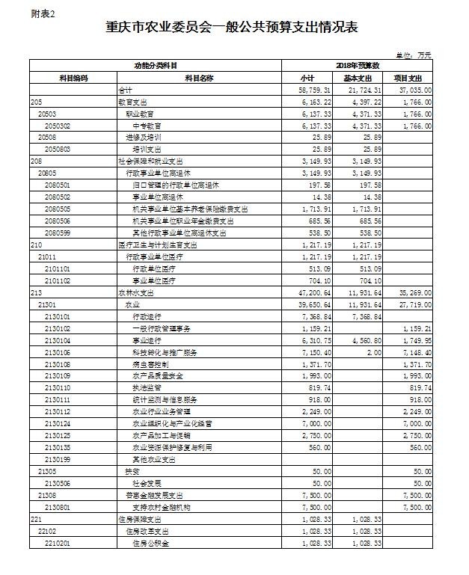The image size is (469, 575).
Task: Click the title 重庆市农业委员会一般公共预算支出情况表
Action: [x=233, y=28]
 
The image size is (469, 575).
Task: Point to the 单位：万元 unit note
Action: [x=414, y=55]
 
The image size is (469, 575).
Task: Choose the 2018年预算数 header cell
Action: [x=362, y=67]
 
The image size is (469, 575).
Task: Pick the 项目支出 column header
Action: [x=408, y=78]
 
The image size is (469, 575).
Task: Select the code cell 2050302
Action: [x=58, y=126]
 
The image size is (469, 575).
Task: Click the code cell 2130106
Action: [x=58, y=352]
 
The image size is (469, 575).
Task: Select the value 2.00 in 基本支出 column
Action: [x=373, y=352]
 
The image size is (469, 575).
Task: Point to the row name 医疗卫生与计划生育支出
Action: [x=157, y=245]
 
